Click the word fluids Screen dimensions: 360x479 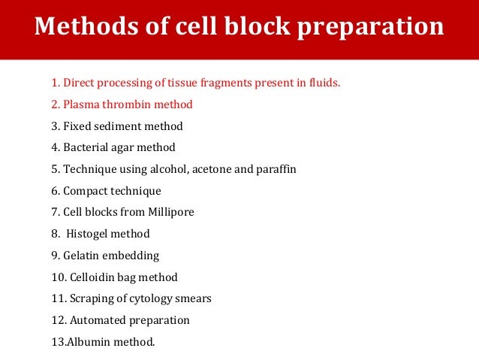pyautogui.click(x=324, y=83)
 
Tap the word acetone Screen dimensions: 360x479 pyautogui.click(x=212, y=169)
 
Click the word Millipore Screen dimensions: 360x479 pyautogui.click(x=170, y=213)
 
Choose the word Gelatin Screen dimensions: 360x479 pyautogui.click(x=84, y=256)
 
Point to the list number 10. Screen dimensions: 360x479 pyautogui.click(x=56, y=277)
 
